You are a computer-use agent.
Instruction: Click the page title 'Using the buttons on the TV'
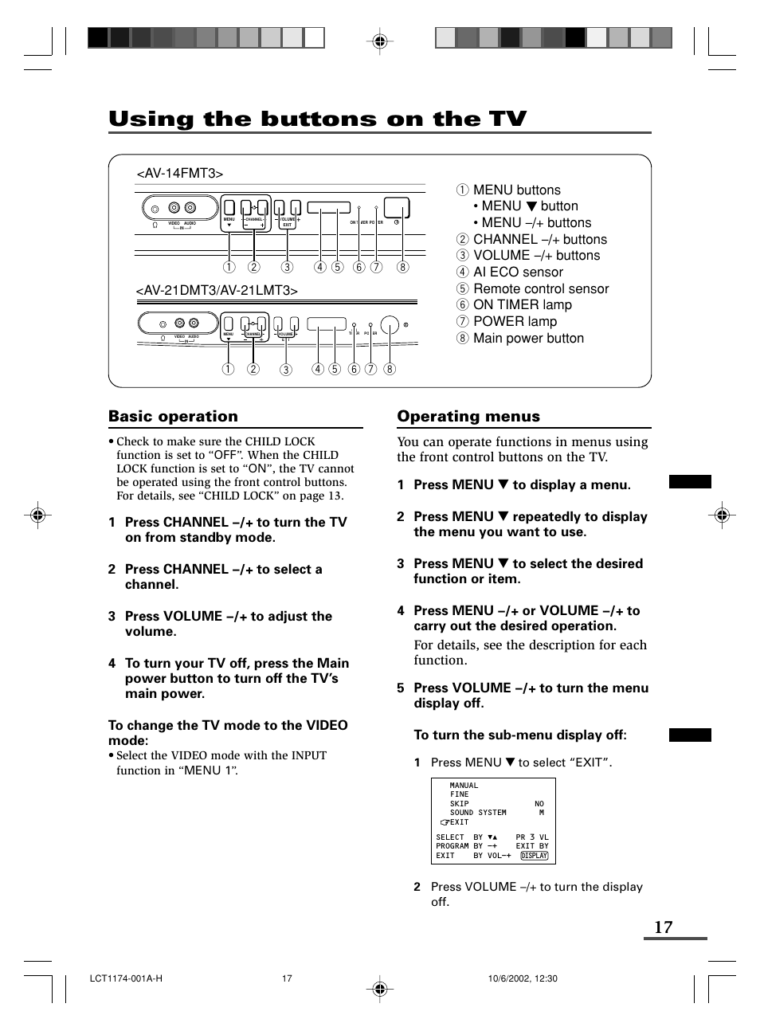pos(317,119)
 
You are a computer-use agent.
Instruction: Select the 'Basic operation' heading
pos(173,416)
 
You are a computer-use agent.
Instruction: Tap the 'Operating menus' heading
pos(468,416)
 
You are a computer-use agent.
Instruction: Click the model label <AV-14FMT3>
pos(179,174)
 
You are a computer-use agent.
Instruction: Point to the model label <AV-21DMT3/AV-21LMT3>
pos(217,291)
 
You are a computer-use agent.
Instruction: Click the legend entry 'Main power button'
pos(527,338)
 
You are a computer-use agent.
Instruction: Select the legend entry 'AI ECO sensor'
pos(517,272)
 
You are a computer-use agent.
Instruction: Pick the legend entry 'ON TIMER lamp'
pos(522,304)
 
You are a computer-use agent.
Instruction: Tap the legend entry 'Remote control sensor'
pos(540,288)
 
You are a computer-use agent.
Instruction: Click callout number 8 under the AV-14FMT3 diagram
pos(403,267)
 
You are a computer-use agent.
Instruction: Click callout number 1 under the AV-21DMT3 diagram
pos(228,369)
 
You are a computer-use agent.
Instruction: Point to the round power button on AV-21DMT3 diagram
pos(390,325)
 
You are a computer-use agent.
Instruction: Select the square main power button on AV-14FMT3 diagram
pos(397,208)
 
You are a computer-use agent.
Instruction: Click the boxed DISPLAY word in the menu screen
pos(534,856)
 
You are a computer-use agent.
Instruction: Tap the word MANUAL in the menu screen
pos(464,786)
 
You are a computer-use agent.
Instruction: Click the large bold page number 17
pos(663,927)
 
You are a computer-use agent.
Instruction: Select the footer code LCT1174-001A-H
pos(126,978)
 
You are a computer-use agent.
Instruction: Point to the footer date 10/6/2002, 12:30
pos(523,978)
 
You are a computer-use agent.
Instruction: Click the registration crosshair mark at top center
pos(380,41)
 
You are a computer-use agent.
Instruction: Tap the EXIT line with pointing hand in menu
pos(455,822)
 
